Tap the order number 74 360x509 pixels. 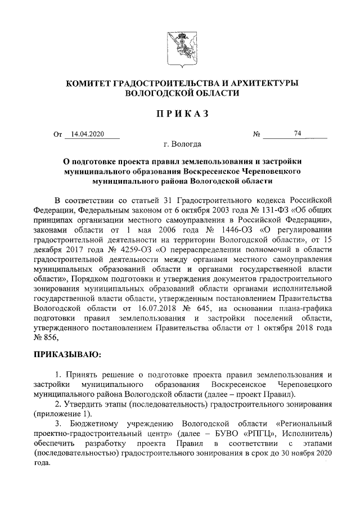pyautogui.click(x=298, y=134)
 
